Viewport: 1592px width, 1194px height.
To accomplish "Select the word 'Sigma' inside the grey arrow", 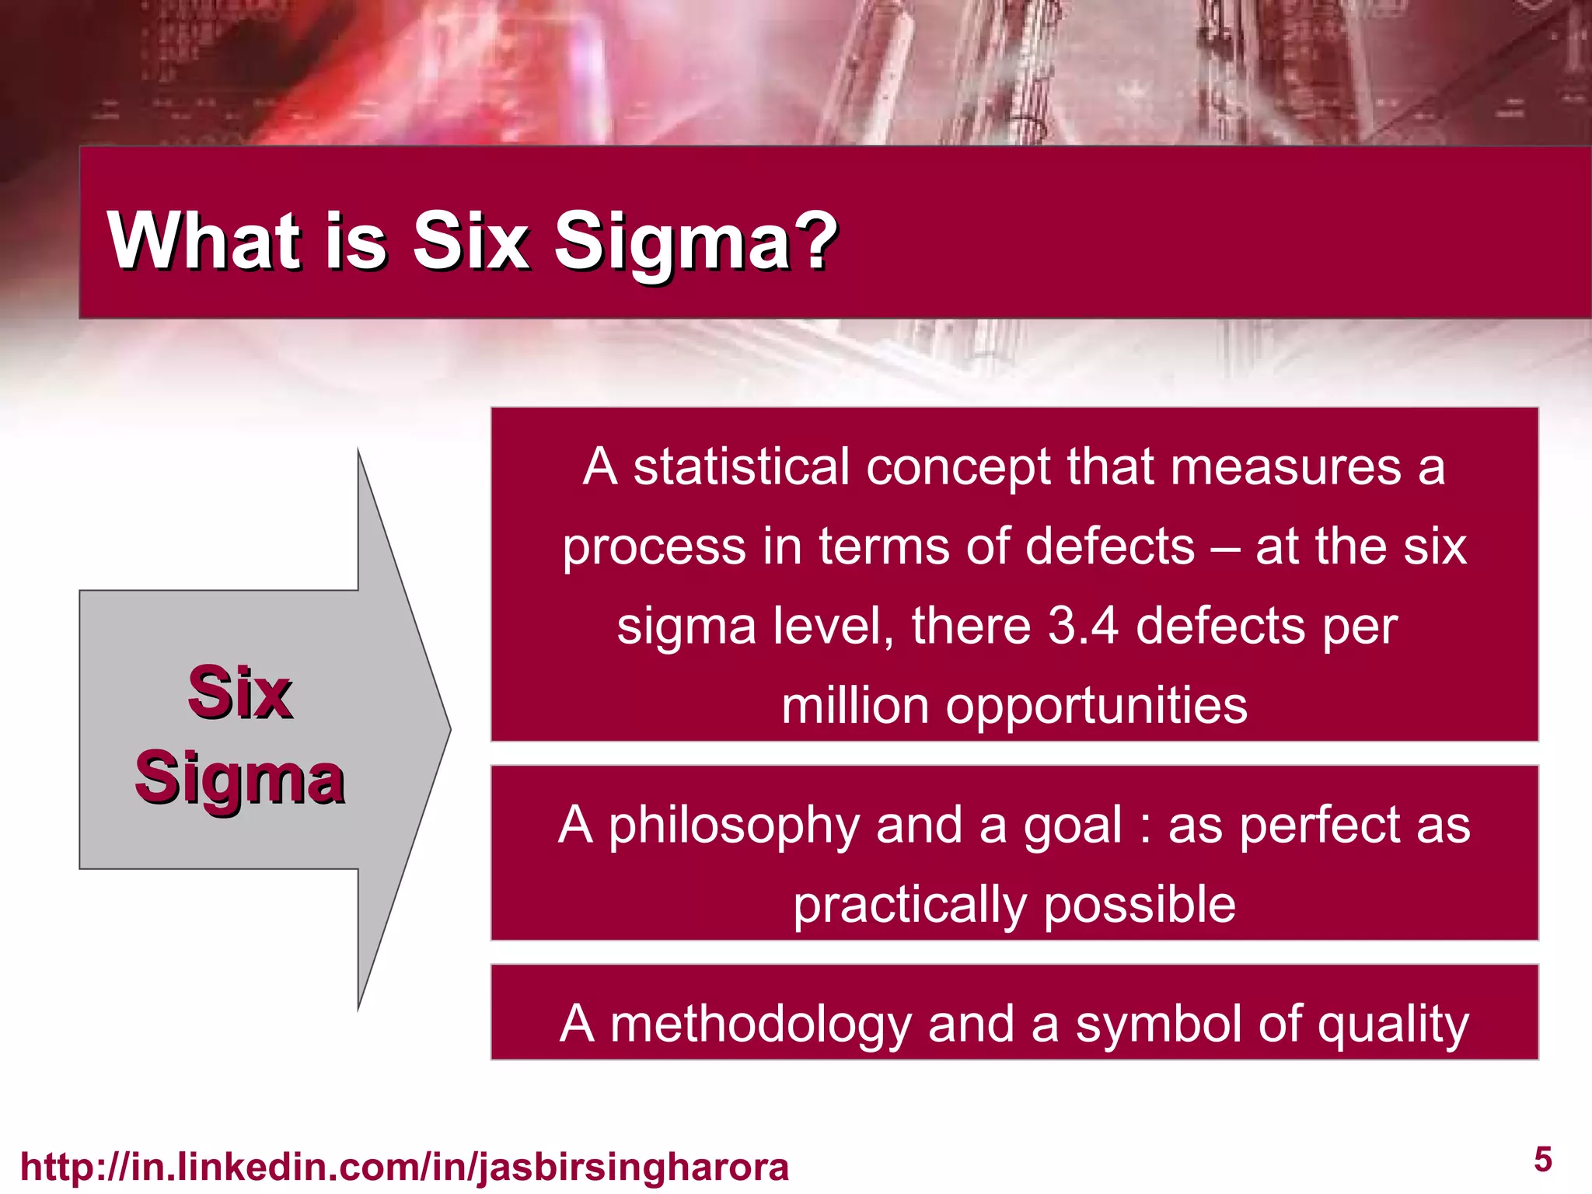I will pyautogui.click(x=239, y=779).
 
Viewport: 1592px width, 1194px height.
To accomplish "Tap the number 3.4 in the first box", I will pyautogui.click(x=1083, y=626).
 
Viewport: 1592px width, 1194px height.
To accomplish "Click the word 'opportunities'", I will pyautogui.click(x=1096, y=707).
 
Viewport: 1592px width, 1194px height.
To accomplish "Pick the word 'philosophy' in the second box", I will pyautogui.click(x=733, y=827).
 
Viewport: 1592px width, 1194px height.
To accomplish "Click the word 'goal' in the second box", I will pyautogui.click(x=1073, y=827).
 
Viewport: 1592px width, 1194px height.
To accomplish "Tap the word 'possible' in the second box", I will pyautogui.click(x=1139, y=906).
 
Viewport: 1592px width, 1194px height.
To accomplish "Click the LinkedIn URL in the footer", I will pyautogui.click(x=404, y=1167).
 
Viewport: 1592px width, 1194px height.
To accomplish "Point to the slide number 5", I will pyautogui.click(x=1543, y=1160).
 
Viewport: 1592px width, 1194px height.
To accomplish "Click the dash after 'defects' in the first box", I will pyautogui.click(x=1225, y=546).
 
